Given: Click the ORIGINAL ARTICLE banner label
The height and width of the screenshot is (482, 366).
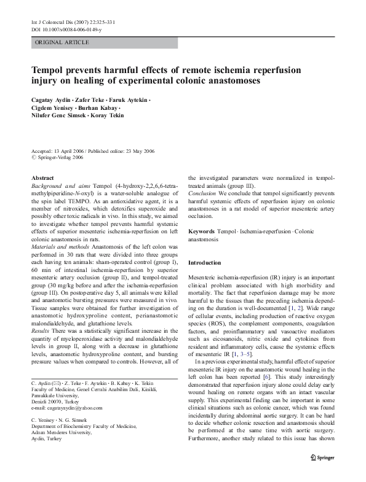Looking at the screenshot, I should (x=63, y=42).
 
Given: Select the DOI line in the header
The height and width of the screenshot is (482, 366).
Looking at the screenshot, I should (x=66, y=29).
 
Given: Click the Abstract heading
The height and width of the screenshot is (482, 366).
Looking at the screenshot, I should (x=42, y=177).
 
